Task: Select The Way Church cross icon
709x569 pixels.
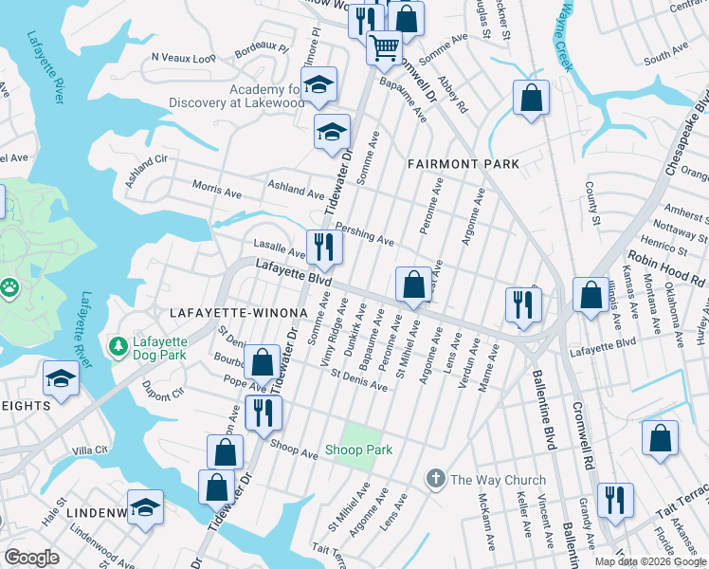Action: click(x=435, y=479)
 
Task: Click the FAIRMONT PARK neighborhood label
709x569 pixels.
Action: click(x=464, y=164)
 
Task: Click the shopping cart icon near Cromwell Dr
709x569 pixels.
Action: click(x=384, y=47)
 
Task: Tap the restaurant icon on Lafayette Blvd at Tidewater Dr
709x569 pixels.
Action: click(x=323, y=248)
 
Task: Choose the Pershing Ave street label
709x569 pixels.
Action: click(x=366, y=235)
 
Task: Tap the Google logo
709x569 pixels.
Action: click(x=31, y=558)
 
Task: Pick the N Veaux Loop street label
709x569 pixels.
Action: click(x=184, y=58)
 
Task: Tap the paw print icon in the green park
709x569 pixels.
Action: click(x=9, y=284)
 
